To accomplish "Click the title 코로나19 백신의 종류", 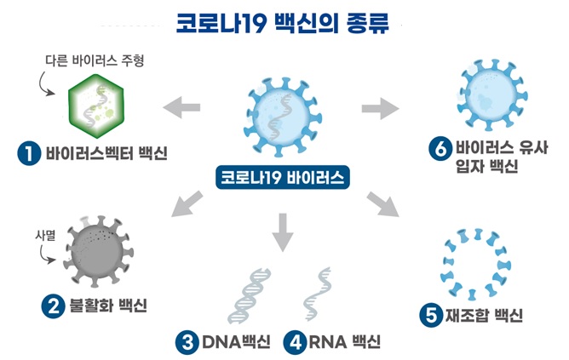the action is tap(282, 24).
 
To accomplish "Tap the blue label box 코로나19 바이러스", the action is tap(283, 177).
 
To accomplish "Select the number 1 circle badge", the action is tap(29, 153).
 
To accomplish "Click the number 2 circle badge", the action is tap(54, 306).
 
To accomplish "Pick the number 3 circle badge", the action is tap(187, 343).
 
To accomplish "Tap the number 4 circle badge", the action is tap(295, 343).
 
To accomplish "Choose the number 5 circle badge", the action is tap(431, 315).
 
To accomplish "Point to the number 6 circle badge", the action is tap(440, 149).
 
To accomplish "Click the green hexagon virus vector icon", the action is tap(96, 106).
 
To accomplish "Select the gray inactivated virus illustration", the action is tap(98, 251).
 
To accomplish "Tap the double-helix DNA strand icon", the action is tap(250, 296).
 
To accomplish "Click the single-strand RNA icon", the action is tap(318, 294).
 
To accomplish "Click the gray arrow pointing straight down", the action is tap(282, 232).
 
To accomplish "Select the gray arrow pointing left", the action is tap(181, 107).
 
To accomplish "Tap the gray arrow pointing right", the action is tap(380, 108).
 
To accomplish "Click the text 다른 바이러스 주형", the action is tap(95, 60).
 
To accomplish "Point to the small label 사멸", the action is tap(45, 235).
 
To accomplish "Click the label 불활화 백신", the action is tap(108, 306).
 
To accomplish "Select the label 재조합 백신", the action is tap(484, 315).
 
